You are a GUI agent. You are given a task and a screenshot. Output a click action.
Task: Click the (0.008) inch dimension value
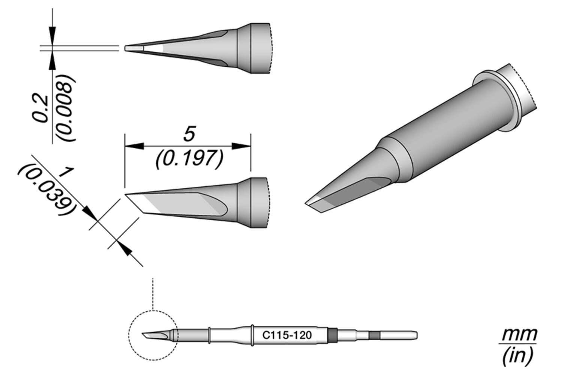point(64,108)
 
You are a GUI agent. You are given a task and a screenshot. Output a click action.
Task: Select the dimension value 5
point(190,134)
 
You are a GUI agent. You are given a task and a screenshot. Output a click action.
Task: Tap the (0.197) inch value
point(190,159)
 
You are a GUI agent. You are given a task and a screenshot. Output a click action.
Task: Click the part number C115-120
point(287,335)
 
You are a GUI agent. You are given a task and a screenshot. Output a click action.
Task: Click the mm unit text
point(519,333)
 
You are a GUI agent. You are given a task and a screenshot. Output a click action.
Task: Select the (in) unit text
point(518,355)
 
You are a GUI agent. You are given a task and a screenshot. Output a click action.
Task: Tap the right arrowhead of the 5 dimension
point(241,146)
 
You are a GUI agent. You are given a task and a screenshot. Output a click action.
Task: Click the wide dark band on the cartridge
point(332,335)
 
